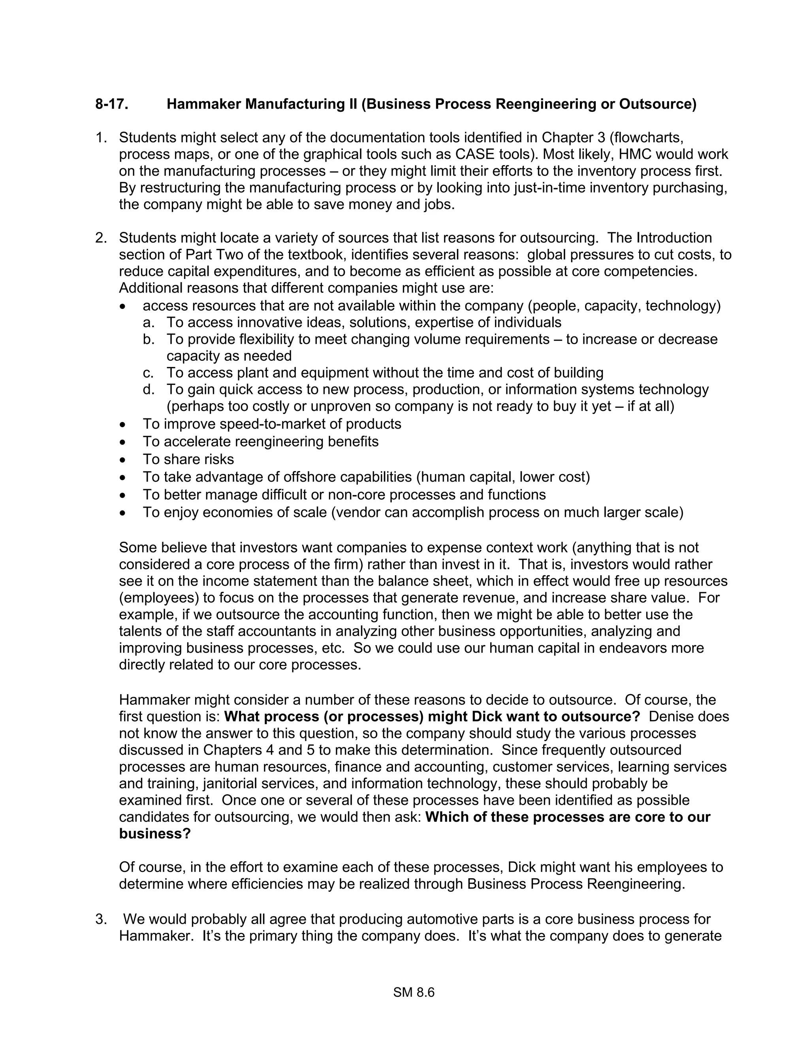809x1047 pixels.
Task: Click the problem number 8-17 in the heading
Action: (111, 104)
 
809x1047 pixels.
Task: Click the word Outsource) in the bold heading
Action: (658, 104)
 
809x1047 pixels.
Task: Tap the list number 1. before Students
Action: (101, 137)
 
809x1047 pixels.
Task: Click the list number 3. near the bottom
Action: (101, 919)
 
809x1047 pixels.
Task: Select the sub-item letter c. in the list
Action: (148, 373)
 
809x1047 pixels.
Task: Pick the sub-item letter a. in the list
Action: (148, 322)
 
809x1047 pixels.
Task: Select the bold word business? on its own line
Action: (155, 834)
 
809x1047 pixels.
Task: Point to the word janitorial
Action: (232, 783)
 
